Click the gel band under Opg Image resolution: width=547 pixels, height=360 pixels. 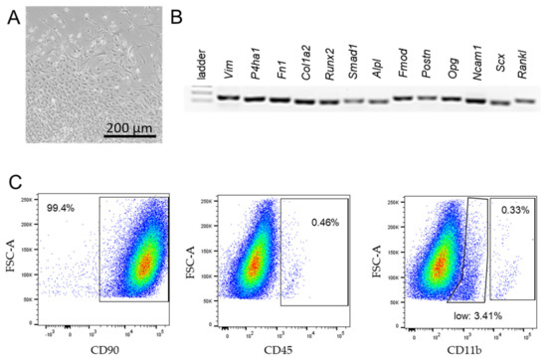451,98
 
